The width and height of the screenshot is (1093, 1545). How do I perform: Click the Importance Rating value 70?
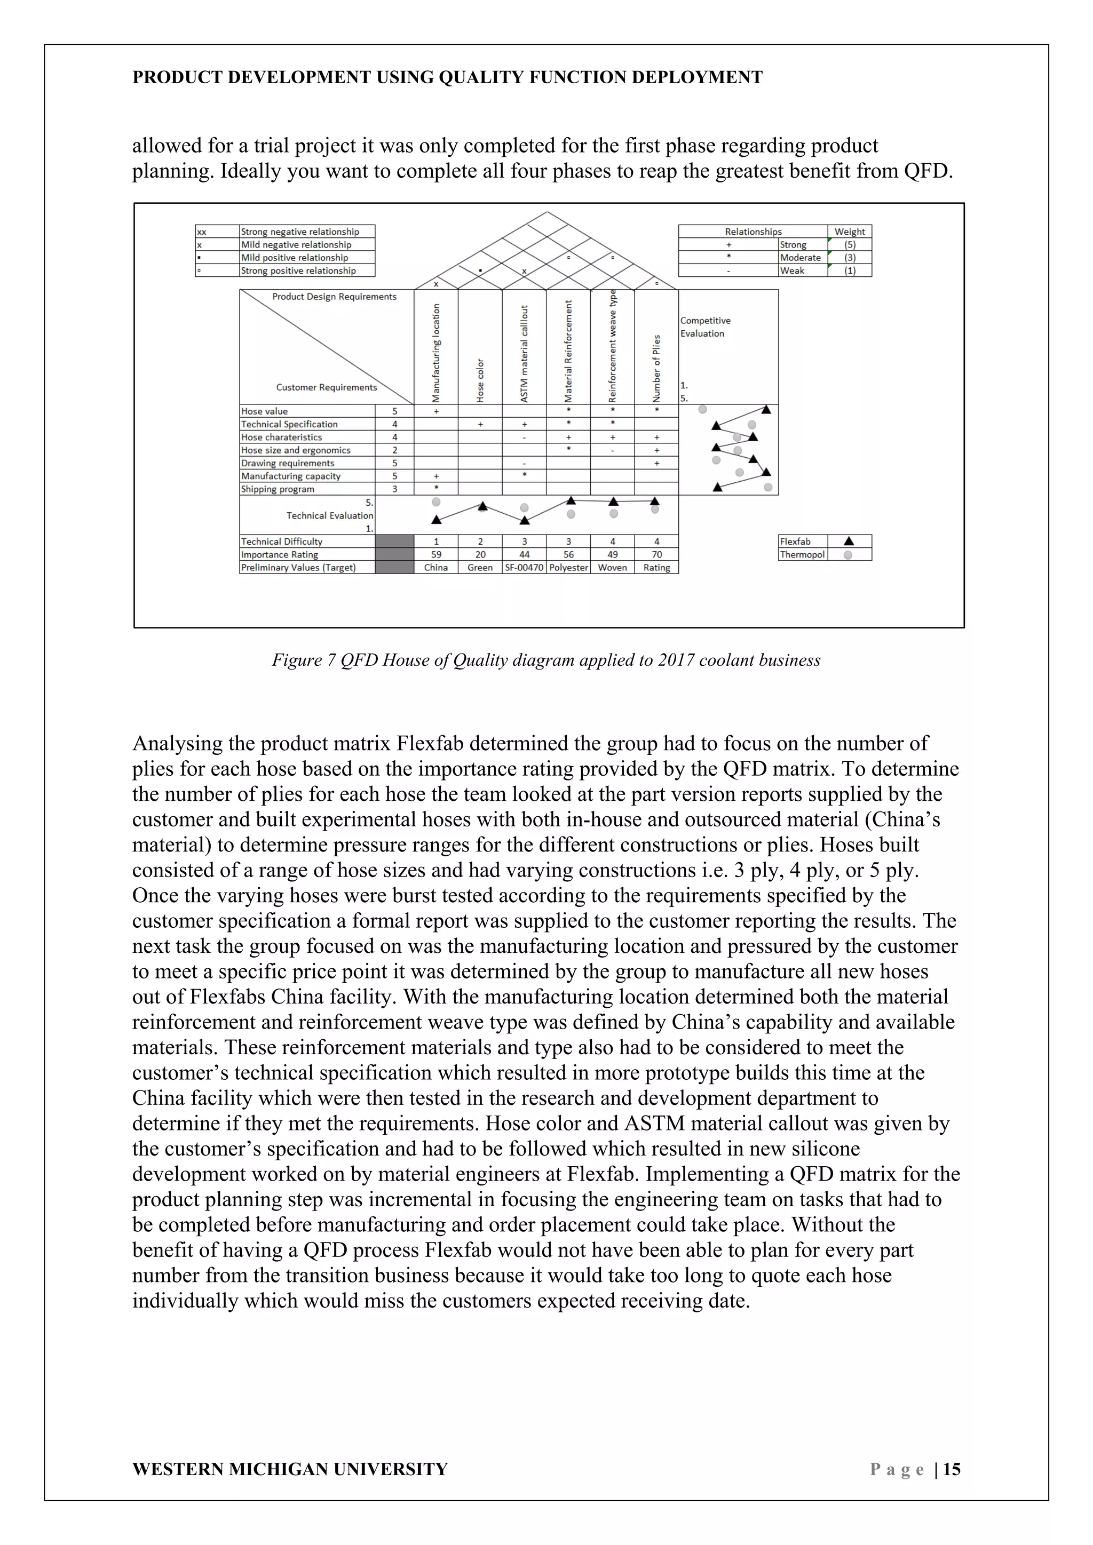point(656,554)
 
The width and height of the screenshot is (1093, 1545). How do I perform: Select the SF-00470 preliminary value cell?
point(524,567)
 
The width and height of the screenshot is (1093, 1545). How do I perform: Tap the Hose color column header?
point(480,381)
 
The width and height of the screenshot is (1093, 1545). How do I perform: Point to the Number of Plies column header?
point(656,369)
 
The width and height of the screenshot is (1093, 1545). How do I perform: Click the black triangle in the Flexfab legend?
point(849,541)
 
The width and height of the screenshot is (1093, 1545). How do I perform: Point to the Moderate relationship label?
point(799,258)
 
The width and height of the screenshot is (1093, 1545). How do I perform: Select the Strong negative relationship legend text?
point(299,232)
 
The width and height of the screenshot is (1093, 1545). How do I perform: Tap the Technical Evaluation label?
point(329,515)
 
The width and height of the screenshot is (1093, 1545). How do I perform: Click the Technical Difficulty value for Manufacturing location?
point(436,541)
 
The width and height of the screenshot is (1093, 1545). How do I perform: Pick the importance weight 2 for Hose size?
point(394,450)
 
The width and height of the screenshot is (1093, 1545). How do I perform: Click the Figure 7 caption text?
point(546,660)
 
